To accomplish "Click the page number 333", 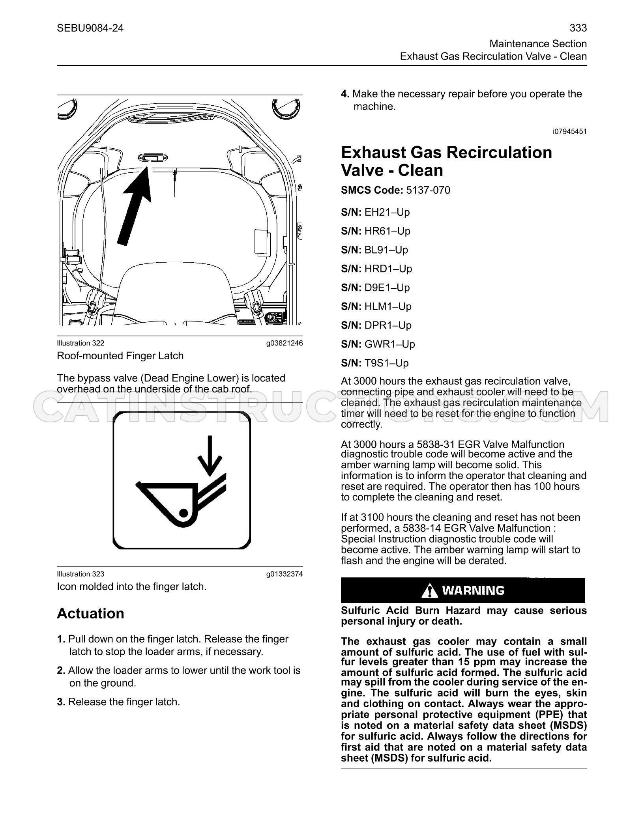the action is pos(578,28).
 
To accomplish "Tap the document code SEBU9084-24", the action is pos(90,28).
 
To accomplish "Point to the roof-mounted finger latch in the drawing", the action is pos(149,158).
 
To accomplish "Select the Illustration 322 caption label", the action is pos(80,343).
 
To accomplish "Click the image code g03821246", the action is pos(285,343).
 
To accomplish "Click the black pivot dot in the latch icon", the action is pos(183,513).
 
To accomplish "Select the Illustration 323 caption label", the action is pos(80,574).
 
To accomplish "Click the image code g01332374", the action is pos(285,574).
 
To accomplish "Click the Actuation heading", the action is pos(91,614).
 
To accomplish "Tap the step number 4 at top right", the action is pos(345,94).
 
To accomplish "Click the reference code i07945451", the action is pos(570,131).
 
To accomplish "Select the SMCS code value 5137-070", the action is pos(428,190).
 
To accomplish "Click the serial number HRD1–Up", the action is pos(388,269).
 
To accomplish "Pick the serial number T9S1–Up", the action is pos(387,363).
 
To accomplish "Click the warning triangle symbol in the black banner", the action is pos(429,590).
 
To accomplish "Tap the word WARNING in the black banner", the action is pos(473,590).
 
